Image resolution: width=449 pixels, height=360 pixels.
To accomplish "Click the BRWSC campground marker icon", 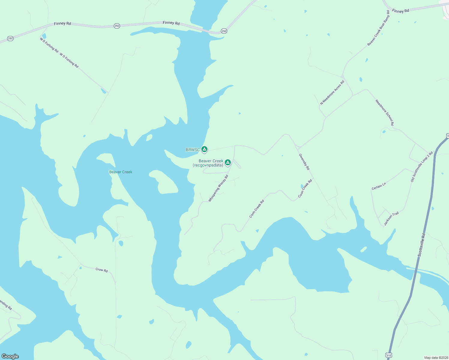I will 204,149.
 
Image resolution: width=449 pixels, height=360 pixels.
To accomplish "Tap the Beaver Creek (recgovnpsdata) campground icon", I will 228,162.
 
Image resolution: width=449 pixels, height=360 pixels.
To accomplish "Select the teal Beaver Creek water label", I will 121,172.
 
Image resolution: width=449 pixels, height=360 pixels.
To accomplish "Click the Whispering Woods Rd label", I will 218,188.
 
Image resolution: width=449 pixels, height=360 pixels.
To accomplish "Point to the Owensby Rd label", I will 304,162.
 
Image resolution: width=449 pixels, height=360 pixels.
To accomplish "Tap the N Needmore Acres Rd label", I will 332,92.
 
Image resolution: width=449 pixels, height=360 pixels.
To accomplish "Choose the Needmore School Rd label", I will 385,112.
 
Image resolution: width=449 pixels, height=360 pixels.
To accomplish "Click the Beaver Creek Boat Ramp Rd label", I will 378,28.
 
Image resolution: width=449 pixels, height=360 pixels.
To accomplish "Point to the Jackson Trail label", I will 391,218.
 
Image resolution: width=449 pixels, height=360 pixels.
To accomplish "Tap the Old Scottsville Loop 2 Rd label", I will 422,166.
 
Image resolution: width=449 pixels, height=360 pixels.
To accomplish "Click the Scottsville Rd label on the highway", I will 422,245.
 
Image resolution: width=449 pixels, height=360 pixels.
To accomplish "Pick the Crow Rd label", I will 101,270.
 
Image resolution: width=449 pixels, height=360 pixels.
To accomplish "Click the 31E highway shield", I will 389,355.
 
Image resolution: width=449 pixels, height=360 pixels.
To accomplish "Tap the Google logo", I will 10,356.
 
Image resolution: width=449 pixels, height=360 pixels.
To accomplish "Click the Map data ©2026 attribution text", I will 435,358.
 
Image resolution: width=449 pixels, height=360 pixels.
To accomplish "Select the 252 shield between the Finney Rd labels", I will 117,26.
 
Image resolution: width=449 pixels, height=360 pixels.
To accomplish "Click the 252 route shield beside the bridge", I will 224,31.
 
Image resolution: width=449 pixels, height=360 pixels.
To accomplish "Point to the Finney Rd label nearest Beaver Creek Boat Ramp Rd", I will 400,11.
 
